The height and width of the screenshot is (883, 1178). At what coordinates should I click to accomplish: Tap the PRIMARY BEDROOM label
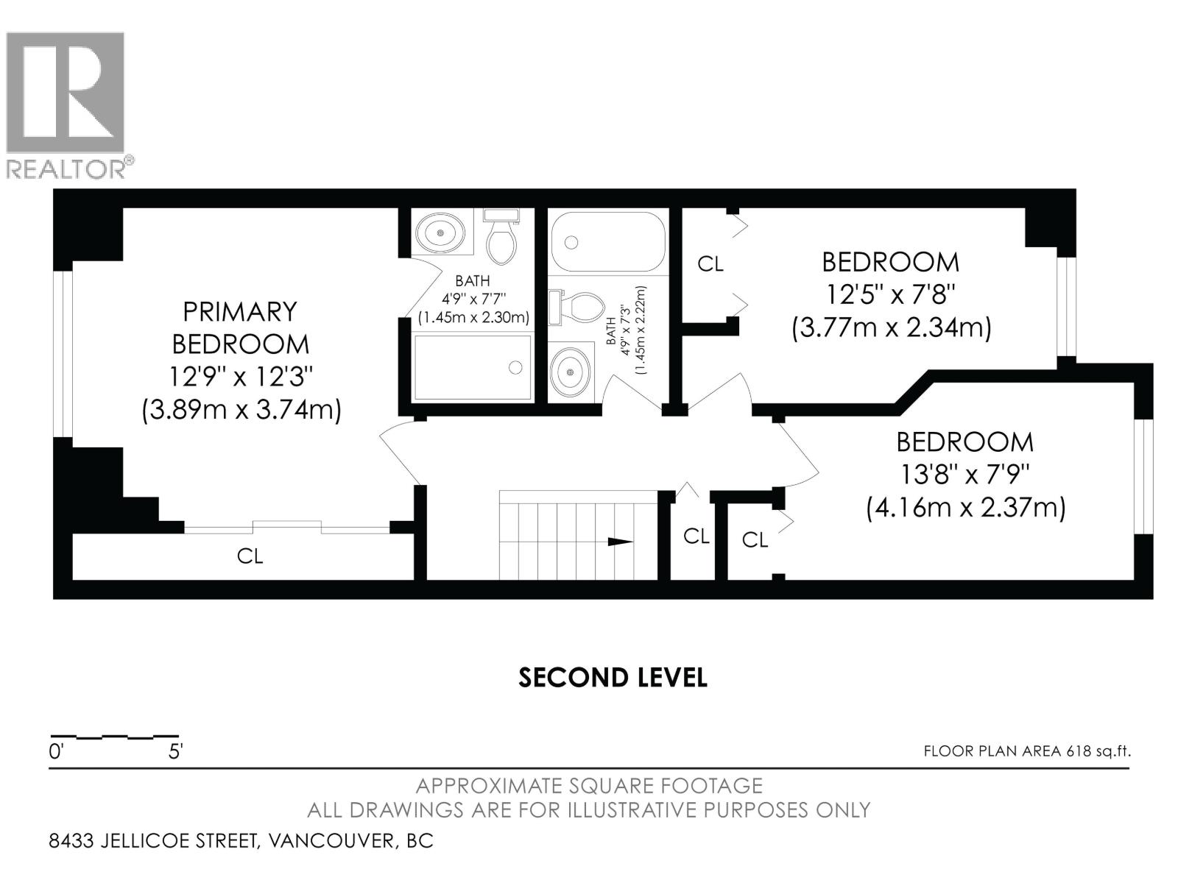tap(240, 327)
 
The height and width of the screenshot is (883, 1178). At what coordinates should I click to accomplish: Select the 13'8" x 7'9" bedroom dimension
tap(964, 475)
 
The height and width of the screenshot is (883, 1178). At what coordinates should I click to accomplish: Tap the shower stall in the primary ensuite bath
tap(473, 367)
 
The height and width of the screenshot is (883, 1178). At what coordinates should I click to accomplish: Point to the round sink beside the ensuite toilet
tap(440, 233)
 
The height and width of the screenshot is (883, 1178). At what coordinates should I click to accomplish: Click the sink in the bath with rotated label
tap(571, 372)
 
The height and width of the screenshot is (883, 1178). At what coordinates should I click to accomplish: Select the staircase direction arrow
tap(619, 542)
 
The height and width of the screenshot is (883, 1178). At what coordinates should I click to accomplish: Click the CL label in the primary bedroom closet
tap(250, 556)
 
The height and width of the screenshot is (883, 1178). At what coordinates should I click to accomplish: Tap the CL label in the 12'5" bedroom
tap(710, 264)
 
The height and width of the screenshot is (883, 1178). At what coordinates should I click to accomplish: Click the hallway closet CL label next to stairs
tap(696, 536)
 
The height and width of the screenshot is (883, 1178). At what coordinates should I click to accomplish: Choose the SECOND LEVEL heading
tap(613, 678)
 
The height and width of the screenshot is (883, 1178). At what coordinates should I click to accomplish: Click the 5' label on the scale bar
tap(176, 752)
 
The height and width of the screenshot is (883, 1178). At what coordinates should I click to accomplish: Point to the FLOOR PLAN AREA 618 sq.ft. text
tap(1027, 751)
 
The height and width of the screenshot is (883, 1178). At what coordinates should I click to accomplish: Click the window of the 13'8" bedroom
tap(1142, 475)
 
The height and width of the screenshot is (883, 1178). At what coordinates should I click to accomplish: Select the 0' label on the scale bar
tap(56, 752)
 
